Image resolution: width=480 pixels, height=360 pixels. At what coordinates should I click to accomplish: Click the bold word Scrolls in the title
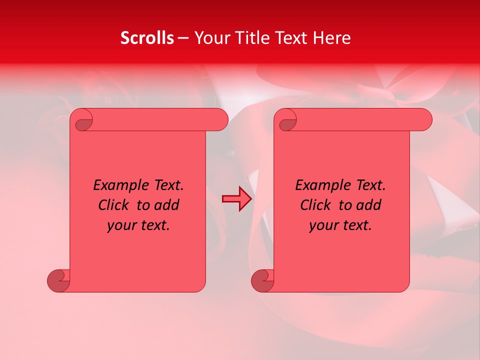click(x=147, y=38)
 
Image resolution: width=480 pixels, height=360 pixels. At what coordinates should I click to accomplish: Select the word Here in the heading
click(x=332, y=38)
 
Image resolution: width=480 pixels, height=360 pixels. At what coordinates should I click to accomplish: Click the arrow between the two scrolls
click(x=236, y=199)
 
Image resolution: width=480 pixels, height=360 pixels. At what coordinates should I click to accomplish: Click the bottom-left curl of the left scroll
click(x=58, y=280)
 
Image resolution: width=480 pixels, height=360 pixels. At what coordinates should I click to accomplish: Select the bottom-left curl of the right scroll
click(x=262, y=280)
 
